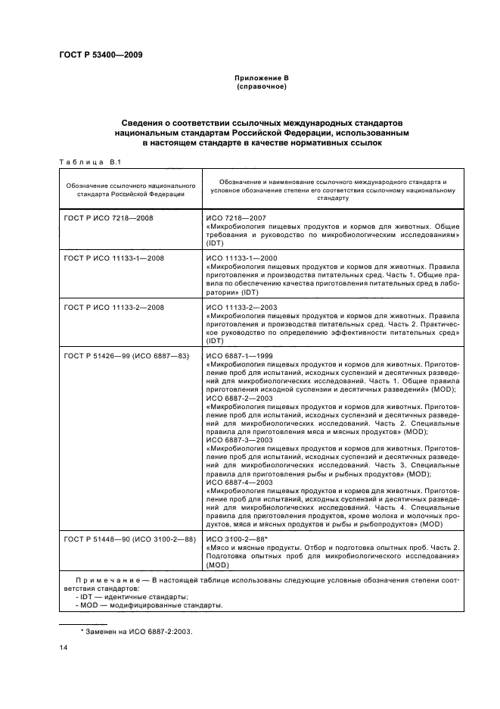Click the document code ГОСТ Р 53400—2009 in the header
pyautogui.click(x=101, y=55)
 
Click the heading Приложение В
pyautogui.click(x=261, y=79)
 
